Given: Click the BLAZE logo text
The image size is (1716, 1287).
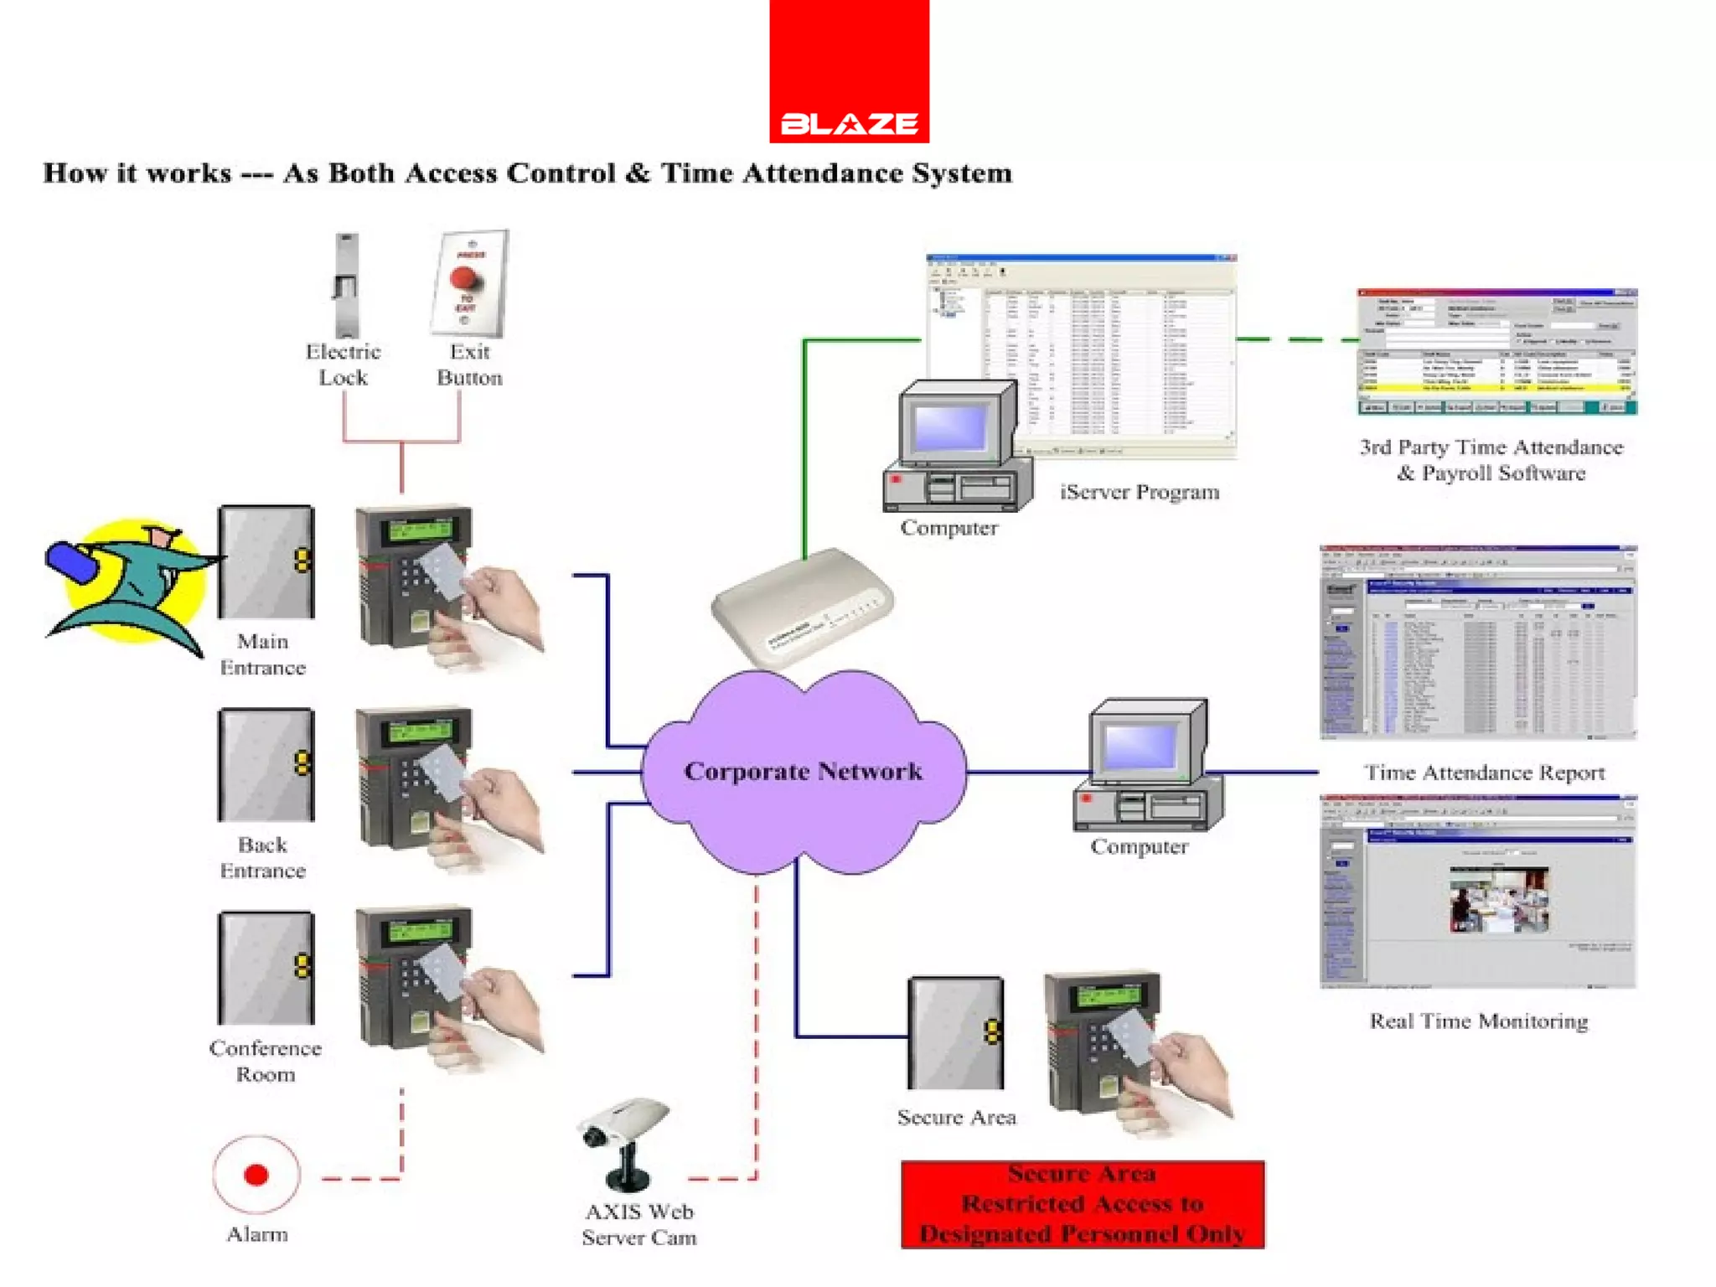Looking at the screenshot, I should coord(849,124).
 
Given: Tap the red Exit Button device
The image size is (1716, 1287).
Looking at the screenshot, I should coord(469,283).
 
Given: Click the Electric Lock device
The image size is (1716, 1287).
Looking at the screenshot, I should coord(346,285).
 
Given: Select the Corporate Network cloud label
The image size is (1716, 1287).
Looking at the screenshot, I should coord(803,771).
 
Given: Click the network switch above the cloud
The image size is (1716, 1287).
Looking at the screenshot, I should coord(802,605).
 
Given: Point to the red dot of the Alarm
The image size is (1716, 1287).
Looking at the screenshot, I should coord(256,1175).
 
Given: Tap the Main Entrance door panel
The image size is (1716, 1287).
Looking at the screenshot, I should coord(266,562).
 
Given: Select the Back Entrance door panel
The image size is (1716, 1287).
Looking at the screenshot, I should coord(266,765).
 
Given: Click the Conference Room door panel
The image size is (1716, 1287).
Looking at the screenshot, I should coord(266,968).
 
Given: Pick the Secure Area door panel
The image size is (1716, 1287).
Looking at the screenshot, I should coord(955,1032).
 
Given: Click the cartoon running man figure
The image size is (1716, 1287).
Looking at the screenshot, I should coord(130,585).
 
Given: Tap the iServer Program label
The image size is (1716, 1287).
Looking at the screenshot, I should coord(1139,492).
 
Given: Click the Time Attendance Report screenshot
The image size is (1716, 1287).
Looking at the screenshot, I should coord(1477,642).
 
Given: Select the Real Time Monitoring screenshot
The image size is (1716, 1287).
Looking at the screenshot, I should coord(1477,892).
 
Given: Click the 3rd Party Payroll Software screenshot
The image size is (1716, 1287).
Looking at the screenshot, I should coord(1496,352).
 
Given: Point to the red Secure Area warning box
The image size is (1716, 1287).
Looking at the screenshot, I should coord(1082,1204).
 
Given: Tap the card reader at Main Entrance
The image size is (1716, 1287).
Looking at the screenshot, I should coord(415,578).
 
